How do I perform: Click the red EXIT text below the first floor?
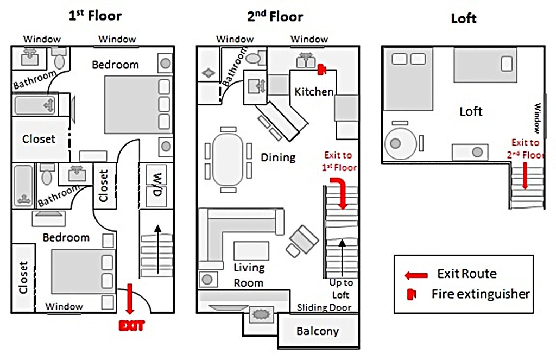pos(131,326)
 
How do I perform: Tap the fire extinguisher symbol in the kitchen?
pos(321,70)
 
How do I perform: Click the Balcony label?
pos(318,331)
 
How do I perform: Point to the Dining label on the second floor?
pos(278,157)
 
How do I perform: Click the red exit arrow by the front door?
pos(129,299)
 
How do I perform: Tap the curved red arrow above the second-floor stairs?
pos(340,192)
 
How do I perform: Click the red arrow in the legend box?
pos(416,275)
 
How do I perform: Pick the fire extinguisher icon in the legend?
pos(412,294)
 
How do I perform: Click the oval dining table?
pos(228,160)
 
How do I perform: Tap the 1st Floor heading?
pos(95,16)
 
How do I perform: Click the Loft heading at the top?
pos(464,18)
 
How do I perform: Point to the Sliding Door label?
pos(324,307)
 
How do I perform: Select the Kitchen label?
pos(314,92)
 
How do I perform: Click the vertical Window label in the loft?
pos(538,118)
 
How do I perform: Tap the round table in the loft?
pos(401,144)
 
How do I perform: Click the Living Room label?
pos(249,275)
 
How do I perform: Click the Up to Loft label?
pos(341,289)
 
